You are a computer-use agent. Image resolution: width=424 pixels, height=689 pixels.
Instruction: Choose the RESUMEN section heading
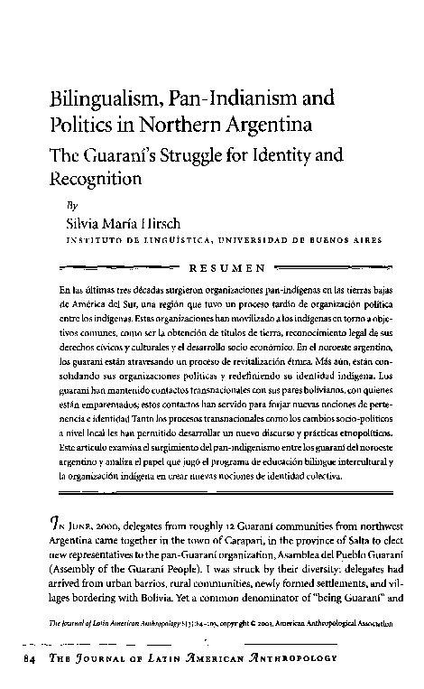click(x=226, y=267)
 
